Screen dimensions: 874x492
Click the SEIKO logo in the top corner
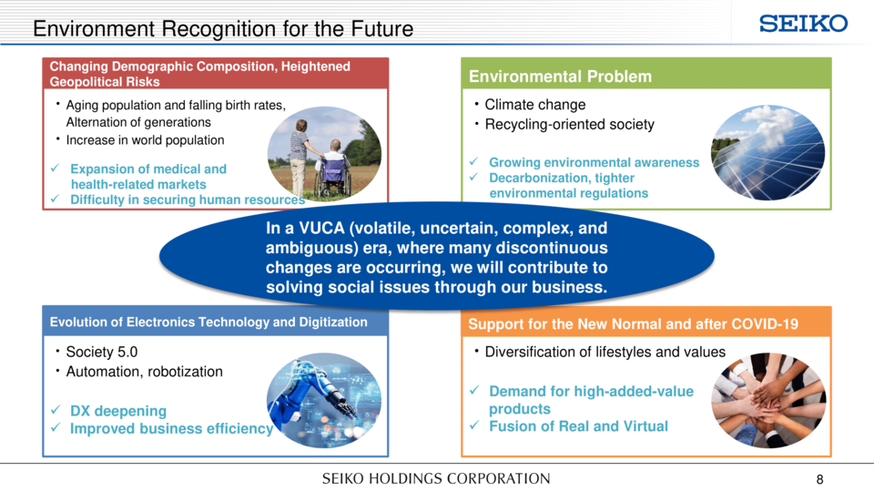pos(803,24)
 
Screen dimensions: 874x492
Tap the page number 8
pos(819,479)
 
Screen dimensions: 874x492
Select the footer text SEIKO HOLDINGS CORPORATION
pos(436,478)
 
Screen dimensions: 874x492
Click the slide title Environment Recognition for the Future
pos(223,28)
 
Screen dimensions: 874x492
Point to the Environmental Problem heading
pos(560,77)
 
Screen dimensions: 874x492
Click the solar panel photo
pos(767,152)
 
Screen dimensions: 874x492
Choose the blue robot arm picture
pos(324,400)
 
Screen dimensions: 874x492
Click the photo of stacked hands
pos(768,400)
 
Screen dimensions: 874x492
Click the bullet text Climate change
pos(535,105)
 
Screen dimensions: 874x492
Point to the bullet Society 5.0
pos(101,352)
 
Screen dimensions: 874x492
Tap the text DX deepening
pos(118,411)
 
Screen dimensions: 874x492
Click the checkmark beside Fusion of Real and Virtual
pos(474,425)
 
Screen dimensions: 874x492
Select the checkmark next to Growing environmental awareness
pos(473,161)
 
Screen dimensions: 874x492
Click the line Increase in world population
pos(145,140)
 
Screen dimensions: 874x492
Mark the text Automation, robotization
pos(145,372)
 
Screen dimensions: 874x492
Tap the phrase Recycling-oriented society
pos(570,125)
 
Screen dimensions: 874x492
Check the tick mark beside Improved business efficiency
pos(56,428)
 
